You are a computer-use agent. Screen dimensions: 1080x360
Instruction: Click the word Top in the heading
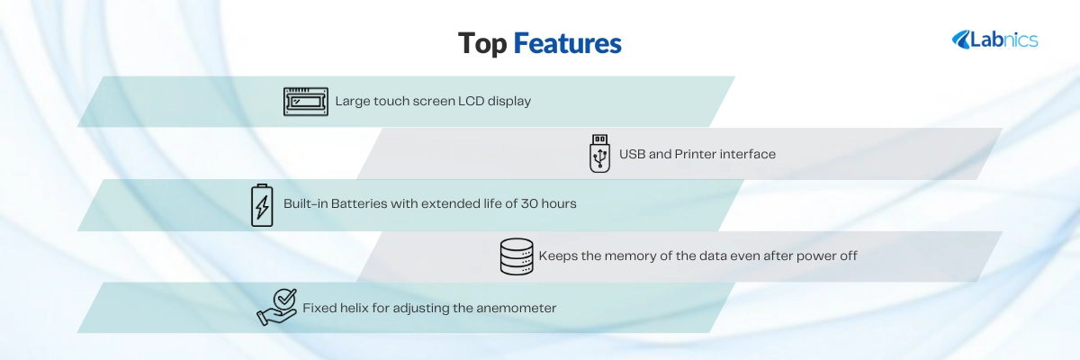(482, 43)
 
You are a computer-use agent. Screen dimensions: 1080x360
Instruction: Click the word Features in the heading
(568, 43)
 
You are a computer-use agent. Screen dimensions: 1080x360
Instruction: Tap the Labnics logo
(994, 40)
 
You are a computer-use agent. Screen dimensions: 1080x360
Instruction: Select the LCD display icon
(306, 101)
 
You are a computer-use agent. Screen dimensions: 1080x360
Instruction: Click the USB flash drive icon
(599, 153)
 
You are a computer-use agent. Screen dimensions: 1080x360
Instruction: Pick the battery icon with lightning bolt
(262, 205)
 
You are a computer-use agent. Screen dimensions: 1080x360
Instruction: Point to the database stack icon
(517, 256)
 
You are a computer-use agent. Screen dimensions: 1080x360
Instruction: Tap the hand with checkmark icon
(277, 308)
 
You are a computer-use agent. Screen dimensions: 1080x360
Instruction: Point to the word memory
(630, 256)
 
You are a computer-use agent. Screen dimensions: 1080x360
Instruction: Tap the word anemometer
(517, 308)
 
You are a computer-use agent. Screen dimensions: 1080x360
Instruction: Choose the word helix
(355, 308)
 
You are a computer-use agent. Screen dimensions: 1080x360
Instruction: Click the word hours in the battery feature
(559, 204)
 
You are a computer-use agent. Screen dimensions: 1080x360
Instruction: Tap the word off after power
(849, 256)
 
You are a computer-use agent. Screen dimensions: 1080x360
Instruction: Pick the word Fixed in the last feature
(319, 308)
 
